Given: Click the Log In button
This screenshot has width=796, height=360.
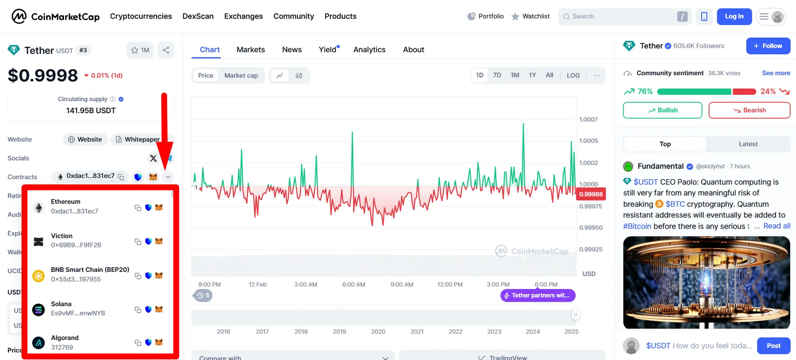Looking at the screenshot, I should pyautogui.click(x=734, y=16).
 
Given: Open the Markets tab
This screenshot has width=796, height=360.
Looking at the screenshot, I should pyautogui.click(x=251, y=50).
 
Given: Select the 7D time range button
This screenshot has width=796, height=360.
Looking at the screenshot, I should pyautogui.click(x=497, y=75).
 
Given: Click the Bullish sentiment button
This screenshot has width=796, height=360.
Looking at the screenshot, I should pyautogui.click(x=662, y=110).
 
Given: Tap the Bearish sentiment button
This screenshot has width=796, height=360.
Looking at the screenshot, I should pyautogui.click(x=749, y=110).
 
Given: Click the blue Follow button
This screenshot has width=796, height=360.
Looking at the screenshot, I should pyautogui.click(x=768, y=46).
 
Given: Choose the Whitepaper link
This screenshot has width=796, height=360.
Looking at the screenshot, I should pyautogui.click(x=137, y=139).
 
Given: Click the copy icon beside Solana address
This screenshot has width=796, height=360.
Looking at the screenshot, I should pyautogui.click(x=138, y=310).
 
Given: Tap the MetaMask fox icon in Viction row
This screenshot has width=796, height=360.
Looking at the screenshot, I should pyautogui.click(x=159, y=241).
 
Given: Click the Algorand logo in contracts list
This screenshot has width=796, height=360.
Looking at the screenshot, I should pyautogui.click(x=38, y=342).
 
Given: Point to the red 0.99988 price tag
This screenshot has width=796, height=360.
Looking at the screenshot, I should pyautogui.click(x=591, y=194).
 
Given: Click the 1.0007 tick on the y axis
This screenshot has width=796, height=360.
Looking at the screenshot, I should pyautogui.click(x=588, y=119).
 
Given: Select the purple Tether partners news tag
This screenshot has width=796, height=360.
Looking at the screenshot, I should pyautogui.click(x=538, y=296).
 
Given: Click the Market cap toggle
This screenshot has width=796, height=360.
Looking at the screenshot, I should pyautogui.click(x=241, y=75).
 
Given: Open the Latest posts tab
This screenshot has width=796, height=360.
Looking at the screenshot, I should pyautogui.click(x=748, y=144).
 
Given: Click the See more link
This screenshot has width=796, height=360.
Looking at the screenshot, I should pyautogui.click(x=776, y=73).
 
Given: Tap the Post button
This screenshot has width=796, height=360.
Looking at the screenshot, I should pyautogui.click(x=773, y=346).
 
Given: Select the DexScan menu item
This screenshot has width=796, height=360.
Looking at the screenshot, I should pyautogui.click(x=198, y=16).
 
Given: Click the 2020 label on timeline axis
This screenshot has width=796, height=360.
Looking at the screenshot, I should pyautogui.click(x=378, y=332).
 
